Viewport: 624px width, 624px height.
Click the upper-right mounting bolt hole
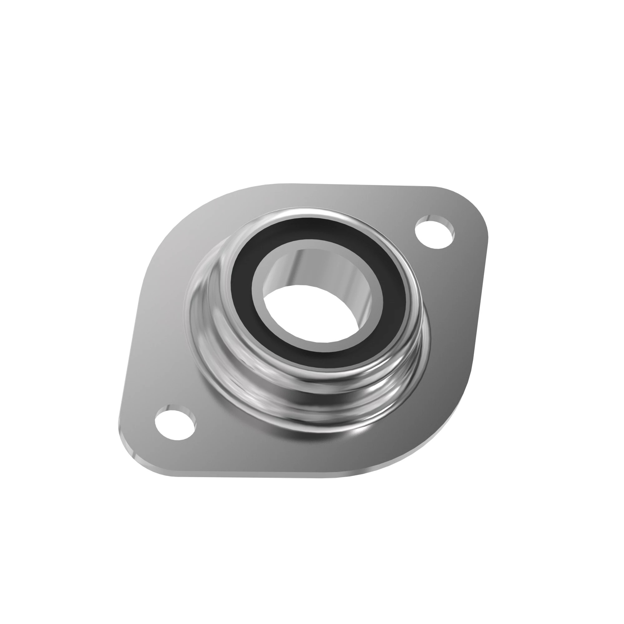point(435,232)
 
